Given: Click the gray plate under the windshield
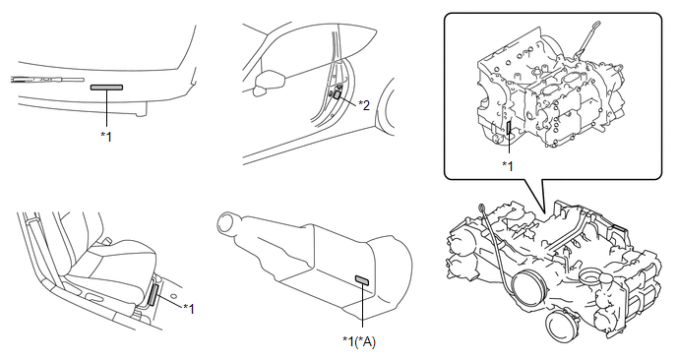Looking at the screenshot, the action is [106, 88].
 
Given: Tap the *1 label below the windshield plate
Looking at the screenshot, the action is [106, 137].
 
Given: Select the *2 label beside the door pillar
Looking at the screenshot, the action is [364, 105].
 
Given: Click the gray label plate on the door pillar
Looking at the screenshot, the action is [338, 95].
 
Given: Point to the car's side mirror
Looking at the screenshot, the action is [270, 81].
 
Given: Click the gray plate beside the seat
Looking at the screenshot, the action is [154, 295].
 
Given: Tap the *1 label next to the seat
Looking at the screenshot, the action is [189, 309].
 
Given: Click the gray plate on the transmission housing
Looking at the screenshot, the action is [362, 280].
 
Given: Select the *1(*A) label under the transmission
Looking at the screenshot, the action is [359, 341].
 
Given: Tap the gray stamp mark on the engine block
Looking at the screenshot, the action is [509, 128].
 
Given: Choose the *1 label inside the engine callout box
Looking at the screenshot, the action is [508, 165].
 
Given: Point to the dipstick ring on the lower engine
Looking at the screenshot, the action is [480, 209].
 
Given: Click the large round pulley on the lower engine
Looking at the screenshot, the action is [528, 286].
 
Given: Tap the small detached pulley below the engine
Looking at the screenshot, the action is [562, 326].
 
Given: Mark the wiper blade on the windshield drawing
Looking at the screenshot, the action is [47, 80].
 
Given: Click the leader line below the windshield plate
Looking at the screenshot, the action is [106, 108].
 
